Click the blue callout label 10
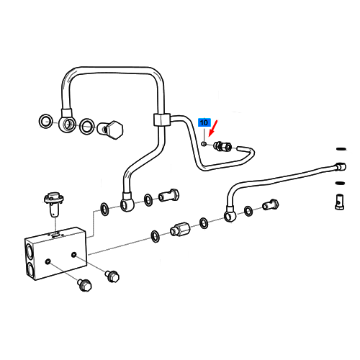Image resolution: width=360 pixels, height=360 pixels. (204, 122)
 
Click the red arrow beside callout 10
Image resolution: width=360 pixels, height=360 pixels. (213, 128)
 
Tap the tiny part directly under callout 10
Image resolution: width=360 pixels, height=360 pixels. (204, 144)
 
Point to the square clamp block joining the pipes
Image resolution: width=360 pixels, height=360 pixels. (162, 120)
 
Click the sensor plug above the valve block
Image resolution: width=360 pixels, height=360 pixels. (54, 203)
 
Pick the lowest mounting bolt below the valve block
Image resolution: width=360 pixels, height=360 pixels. (84, 285)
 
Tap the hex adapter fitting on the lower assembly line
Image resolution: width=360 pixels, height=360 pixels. (180, 229)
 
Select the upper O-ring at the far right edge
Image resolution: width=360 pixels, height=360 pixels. (341, 149)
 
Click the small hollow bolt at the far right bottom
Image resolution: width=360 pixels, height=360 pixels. (340, 202)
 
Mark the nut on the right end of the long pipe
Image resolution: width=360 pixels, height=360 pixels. (341, 166)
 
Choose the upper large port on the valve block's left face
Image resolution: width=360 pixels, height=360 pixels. (29, 251)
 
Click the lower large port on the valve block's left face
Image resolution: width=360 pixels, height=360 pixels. (30, 269)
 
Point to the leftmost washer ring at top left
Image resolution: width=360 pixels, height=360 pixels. (46, 121)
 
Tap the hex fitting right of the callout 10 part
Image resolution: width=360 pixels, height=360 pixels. (223, 146)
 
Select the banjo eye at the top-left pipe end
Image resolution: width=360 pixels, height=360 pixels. (67, 124)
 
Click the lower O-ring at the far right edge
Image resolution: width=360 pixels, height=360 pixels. (341, 184)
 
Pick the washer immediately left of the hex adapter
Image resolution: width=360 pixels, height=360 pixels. (155, 237)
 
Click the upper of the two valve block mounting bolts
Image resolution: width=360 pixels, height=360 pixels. (112, 276)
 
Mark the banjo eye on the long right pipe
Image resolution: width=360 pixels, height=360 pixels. (230, 216)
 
